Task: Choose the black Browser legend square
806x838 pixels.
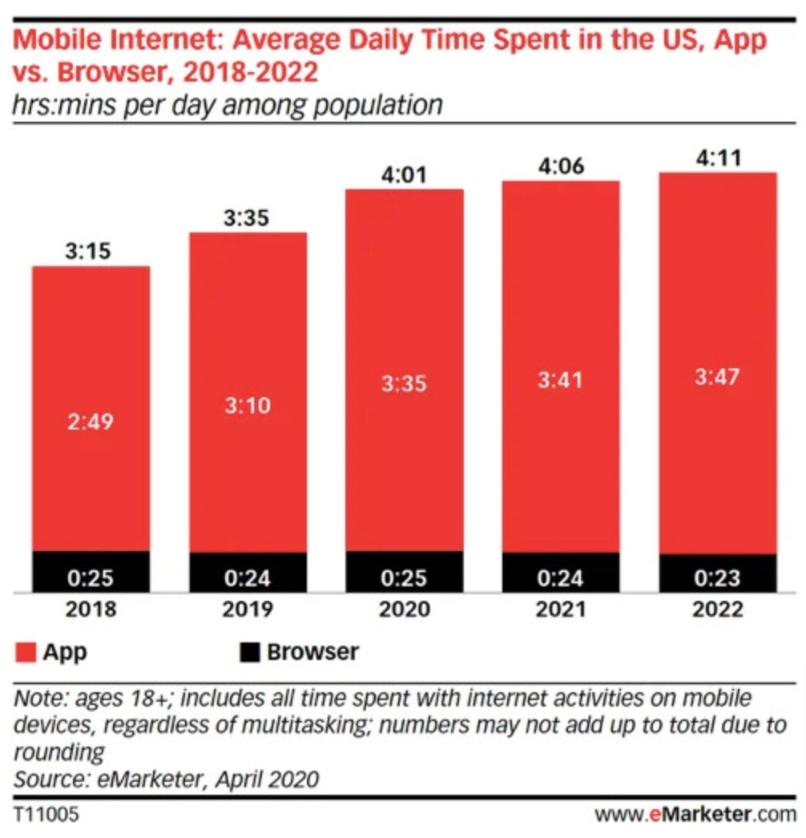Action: (x=251, y=652)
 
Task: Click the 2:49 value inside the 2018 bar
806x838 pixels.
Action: (x=90, y=422)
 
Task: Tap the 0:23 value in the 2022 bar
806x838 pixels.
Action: (x=718, y=578)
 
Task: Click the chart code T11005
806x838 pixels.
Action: (x=46, y=816)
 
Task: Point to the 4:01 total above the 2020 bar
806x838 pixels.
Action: (x=404, y=174)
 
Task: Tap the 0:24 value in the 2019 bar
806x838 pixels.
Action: (x=248, y=578)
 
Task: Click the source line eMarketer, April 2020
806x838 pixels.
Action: (x=167, y=778)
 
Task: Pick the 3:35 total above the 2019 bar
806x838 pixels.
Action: (x=248, y=217)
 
